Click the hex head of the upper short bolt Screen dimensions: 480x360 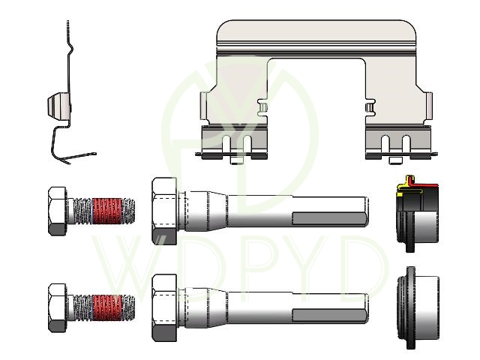57,211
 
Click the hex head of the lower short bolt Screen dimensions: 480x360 57,308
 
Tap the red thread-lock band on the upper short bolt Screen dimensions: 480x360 106,211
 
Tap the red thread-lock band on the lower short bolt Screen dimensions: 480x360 106,307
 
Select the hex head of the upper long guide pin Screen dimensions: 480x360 164,211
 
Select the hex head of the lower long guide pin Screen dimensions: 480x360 164,308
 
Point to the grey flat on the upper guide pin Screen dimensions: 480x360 329,219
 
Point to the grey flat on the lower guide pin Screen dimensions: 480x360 329,316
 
